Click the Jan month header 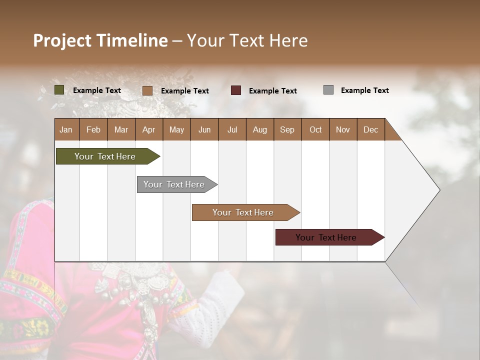point(66,129)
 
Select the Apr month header point(148,129)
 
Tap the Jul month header point(232,129)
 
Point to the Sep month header point(287,129)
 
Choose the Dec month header point(370,129)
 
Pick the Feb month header point(93,129)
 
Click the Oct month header point(315,129)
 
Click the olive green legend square point(59,90)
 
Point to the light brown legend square point(147,90)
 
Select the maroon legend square point(236,90)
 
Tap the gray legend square point(328,90)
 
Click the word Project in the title point(61,40)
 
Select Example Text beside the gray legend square point(364,90)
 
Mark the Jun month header point(204,129)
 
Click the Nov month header point(343,129)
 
